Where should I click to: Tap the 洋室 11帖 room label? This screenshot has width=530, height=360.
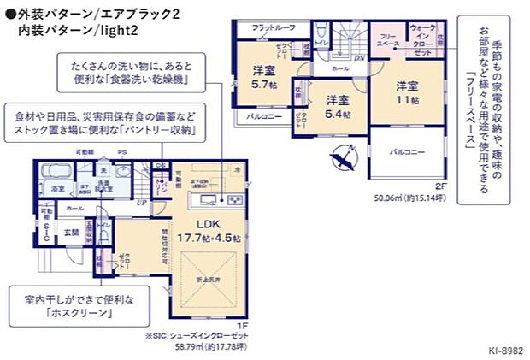pos(405,93)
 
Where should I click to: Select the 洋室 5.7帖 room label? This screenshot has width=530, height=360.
pos(263,79)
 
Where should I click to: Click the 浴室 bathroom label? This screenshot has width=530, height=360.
pos(58,186)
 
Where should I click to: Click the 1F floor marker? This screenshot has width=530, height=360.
pos(242,325)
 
